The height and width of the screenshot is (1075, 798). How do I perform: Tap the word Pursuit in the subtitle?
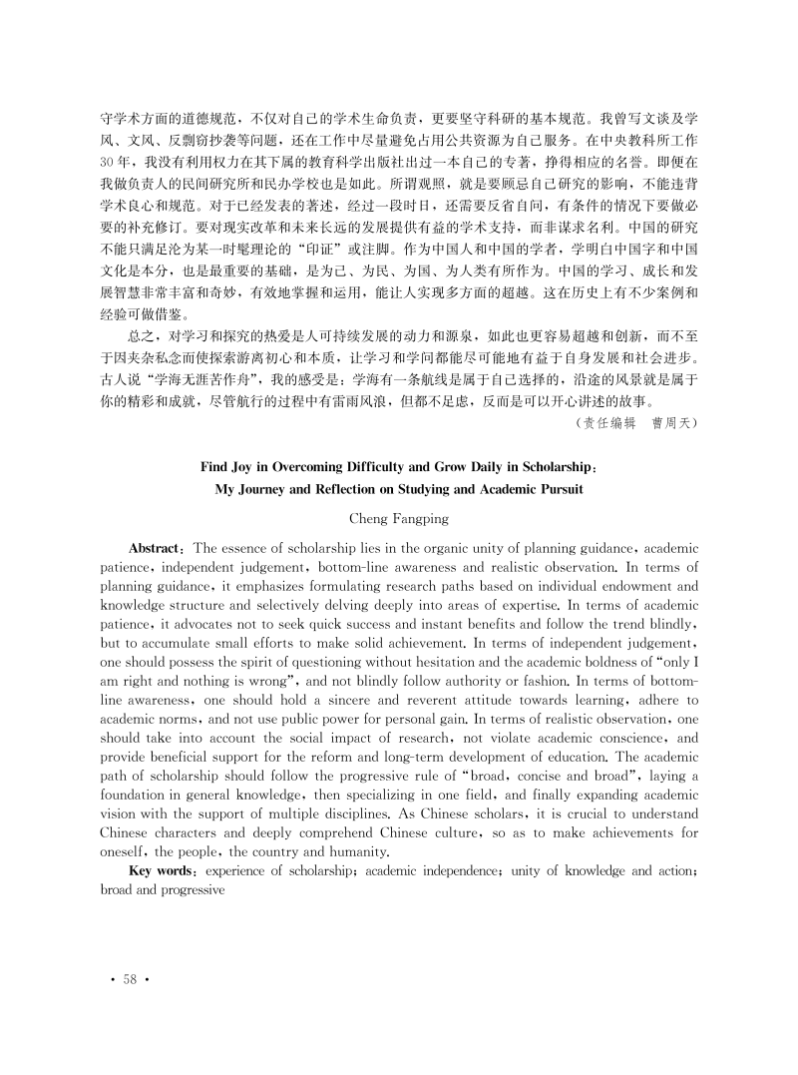pyautogui.click(x=556, y=489)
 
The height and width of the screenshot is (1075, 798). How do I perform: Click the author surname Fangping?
pyautogui.click(x=421, y=519)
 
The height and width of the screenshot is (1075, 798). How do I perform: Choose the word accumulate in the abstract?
pyautogui.click(x=176, y=643)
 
